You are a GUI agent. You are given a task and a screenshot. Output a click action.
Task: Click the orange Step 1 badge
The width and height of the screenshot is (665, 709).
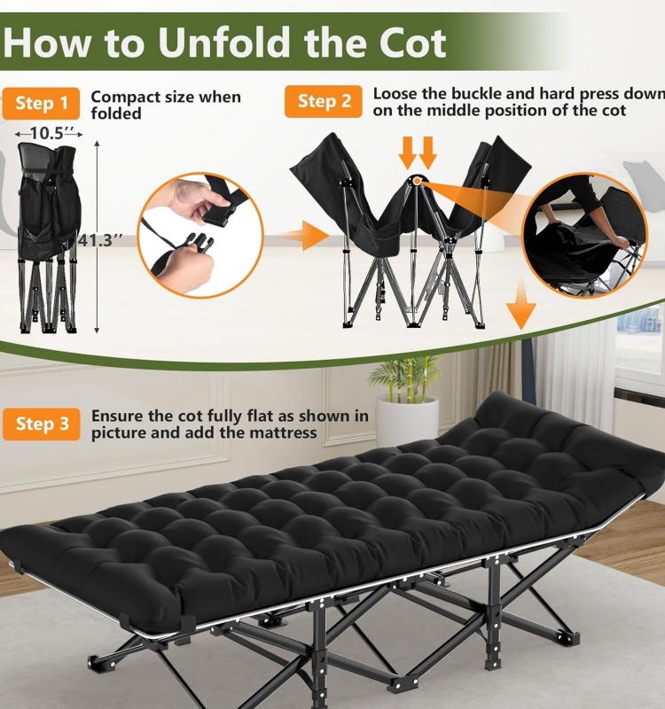click(x=42, y=104)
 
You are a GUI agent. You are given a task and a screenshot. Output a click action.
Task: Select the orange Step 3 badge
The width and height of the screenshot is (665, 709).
click(x=42, y=424)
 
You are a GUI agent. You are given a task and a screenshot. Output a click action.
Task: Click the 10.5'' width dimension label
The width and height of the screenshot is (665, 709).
click(x=49, y=133)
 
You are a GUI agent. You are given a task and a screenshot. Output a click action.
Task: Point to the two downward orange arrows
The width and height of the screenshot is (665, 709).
click(x=417, y=152)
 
